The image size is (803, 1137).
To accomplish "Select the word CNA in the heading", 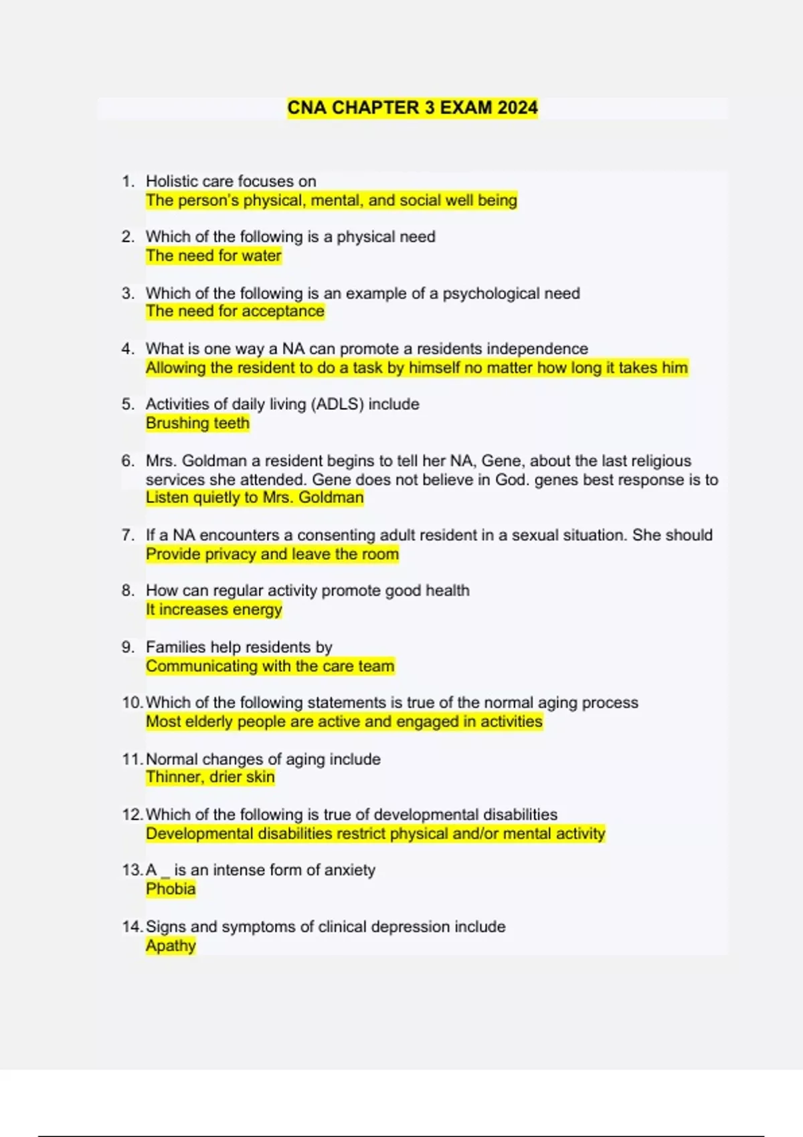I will pos(307,108).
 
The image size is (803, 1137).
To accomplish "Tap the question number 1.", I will pos(128,181).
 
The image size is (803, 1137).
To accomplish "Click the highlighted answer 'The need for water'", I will pos(213,255).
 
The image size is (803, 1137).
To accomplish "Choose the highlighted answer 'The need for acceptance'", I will pos(235,311).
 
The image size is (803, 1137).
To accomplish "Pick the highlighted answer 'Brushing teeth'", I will pos(197,423).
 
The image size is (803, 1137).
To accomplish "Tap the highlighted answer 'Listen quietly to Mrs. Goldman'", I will pos(254,498).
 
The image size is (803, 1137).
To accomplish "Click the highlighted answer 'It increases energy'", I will pos(213,609).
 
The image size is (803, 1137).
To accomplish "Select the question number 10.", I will pos(132,702).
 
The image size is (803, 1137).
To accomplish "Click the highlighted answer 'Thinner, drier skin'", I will pos(210,777).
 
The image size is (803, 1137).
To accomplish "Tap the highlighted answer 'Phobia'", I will pos(171,889).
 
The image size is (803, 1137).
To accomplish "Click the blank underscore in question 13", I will pos(165,873).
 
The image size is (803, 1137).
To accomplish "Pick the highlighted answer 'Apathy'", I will pos(171,946).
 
